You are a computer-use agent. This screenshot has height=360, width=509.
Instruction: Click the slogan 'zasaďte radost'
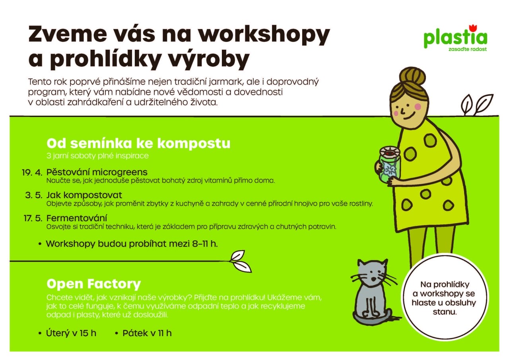tap(467, 49)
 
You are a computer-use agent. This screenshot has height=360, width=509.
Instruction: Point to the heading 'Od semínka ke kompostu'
tap(138, 144)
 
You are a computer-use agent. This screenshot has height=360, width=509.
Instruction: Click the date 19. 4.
tap(32, 173)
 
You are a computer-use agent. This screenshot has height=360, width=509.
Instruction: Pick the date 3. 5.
tap(34, 195)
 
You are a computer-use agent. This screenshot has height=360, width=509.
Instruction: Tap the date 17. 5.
tap(33, 218)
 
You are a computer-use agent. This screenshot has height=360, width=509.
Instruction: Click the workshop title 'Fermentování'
tap(77, 218)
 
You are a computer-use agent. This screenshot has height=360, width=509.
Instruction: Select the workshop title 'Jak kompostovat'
tap(84, 195)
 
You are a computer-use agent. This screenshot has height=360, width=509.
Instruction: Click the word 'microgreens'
tap(121, 172)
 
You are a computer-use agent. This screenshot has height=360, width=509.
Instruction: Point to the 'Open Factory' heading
tap(93, 284)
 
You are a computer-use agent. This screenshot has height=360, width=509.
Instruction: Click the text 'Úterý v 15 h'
tap(71, 333)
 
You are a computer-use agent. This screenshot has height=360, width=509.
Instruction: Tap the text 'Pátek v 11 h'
tap(147, 333)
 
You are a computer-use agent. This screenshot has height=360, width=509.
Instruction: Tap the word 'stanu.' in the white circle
tap(445, 312)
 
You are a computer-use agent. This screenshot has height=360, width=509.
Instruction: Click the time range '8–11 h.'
tap(205, 244)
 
